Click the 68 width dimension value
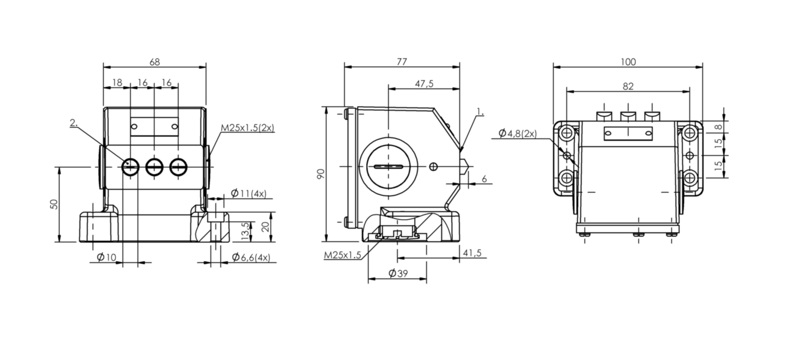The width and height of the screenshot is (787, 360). coord(155,62)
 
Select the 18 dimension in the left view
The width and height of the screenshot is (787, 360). coord(117,83)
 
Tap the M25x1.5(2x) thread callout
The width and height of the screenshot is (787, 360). coord(248,128)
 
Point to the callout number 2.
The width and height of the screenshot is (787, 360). coord(74,123)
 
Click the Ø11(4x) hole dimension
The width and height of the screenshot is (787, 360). coord(249,193)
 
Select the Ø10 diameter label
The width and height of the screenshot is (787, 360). coord(107,257)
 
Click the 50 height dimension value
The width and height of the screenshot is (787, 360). coord(54,204)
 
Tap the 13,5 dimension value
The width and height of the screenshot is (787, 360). coord(246,231)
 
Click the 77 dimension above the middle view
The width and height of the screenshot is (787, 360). coord(401,62)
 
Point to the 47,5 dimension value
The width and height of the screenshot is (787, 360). coord(424,84)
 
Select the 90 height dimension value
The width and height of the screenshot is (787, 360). coord(321,174)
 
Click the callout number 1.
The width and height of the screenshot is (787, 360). coord(480,112)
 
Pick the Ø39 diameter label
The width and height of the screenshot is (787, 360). coord(399,273)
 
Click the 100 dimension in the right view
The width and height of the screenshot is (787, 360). coord(628,62)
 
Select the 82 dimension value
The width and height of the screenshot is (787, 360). coord(628,87)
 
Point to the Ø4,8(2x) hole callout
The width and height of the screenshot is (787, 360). coord(517,134)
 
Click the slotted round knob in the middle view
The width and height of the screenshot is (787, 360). coord(388,167)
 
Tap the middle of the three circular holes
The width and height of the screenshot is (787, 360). coord(154,167)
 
